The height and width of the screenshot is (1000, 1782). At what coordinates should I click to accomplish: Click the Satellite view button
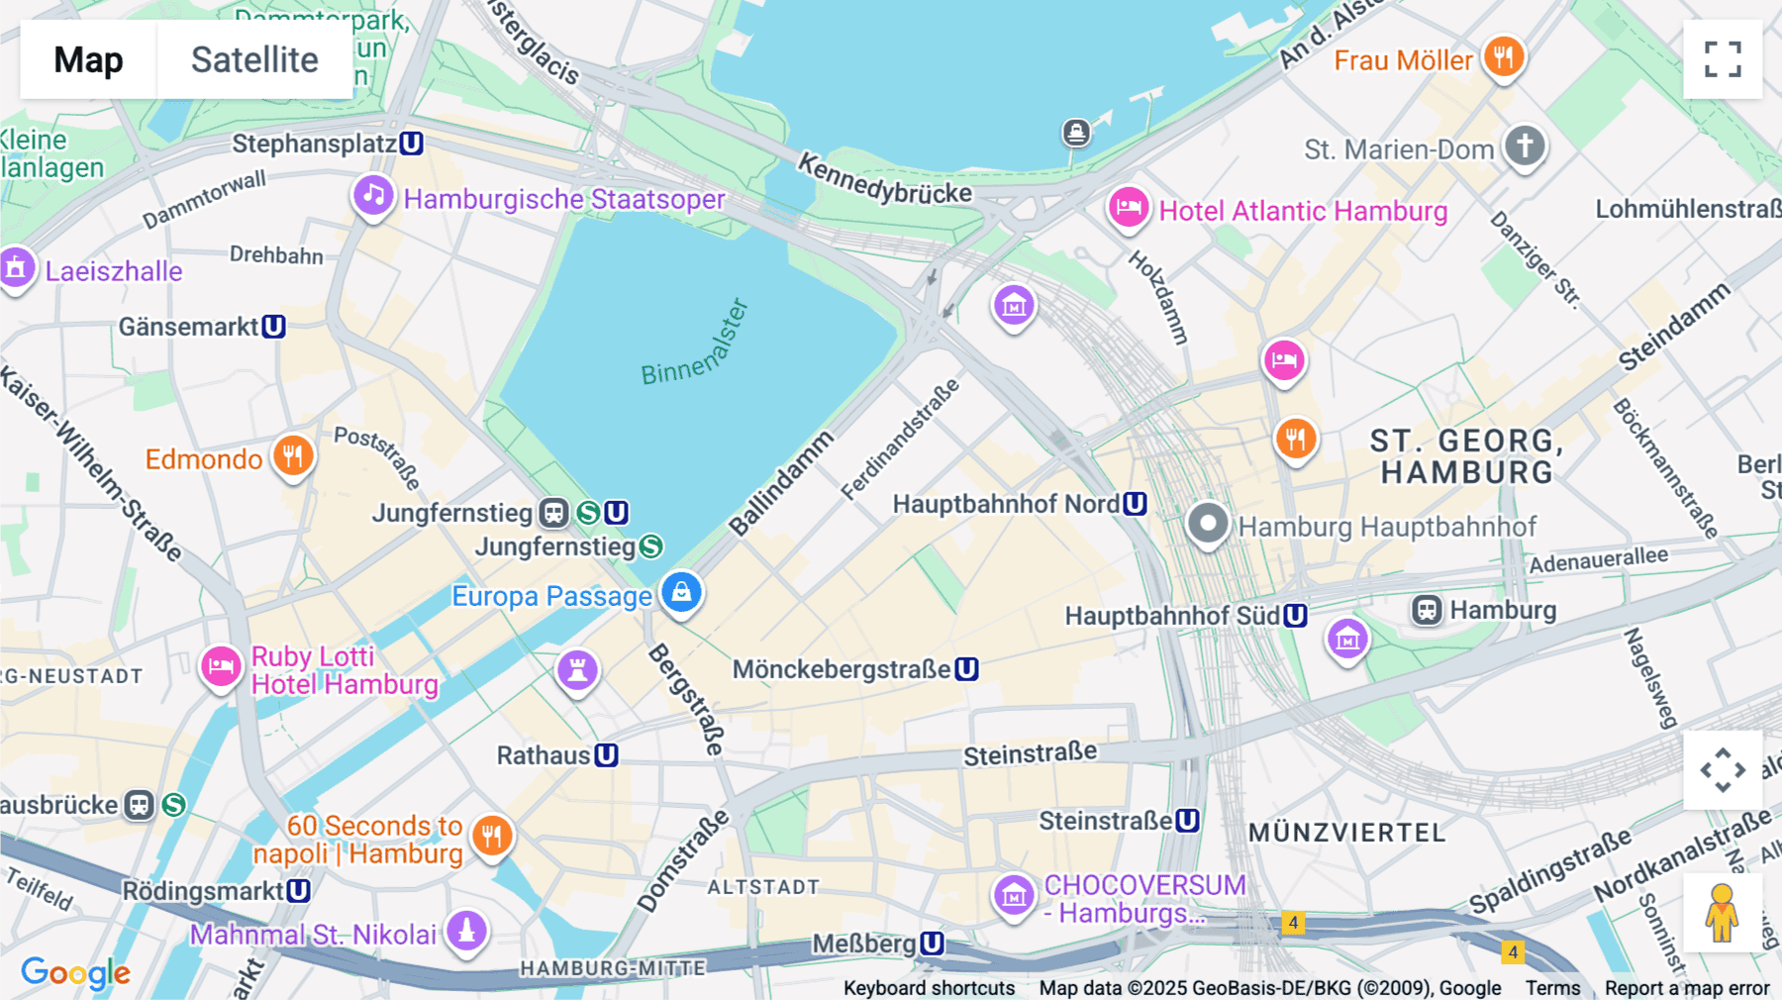click(254, 59)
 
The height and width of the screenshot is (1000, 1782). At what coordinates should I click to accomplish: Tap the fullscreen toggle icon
click(1723, 59)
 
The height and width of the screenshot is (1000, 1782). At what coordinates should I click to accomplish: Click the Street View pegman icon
click(1723, 912)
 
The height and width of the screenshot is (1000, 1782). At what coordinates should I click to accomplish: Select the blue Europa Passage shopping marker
click(681, 593)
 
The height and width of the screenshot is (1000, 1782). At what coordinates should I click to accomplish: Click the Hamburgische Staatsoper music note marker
click(373, 195)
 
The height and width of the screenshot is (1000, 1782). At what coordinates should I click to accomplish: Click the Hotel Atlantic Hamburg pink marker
click(1128, 208)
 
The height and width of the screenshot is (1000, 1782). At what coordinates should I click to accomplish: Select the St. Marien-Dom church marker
click(1525, 146)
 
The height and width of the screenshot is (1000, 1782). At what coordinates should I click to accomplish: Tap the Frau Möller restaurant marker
click(1503, 56)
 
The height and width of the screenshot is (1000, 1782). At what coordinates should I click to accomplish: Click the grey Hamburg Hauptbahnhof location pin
click(1208, 523)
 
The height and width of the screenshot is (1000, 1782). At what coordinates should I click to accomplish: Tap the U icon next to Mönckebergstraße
click(967, 669)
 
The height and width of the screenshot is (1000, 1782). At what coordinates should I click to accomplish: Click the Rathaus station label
click(544, 755)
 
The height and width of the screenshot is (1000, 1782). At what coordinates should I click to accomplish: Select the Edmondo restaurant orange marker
click(293, 456)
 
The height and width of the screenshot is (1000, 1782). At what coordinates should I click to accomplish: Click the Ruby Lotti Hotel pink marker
click(221, 666)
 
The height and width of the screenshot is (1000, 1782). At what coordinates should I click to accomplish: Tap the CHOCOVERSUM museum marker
click(1014, 896)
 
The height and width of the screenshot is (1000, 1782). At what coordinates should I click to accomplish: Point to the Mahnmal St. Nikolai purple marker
click(467, 931)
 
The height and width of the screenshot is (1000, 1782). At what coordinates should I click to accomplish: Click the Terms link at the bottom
click(1552, 987)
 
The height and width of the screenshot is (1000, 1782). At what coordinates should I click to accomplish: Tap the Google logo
click(75, 972)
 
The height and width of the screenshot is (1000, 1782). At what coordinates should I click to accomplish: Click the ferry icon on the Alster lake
click(1076, 132)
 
